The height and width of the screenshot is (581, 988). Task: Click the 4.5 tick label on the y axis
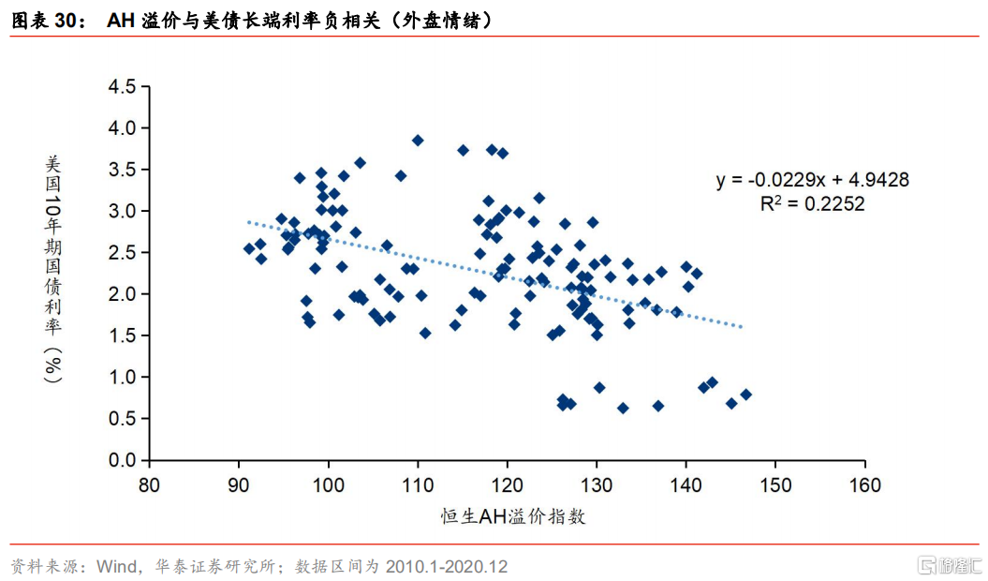tap(123, 86)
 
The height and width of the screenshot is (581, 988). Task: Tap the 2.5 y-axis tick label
tap(123, 252)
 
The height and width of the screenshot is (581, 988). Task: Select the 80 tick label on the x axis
tap(149, 485)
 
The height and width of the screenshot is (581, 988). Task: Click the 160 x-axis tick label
tap(864, 485)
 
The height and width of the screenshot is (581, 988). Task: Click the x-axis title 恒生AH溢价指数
tap(513, 516)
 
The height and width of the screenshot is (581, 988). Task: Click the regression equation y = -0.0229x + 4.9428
tap(812, 180)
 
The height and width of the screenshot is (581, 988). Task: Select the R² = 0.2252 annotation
tap(812, 203)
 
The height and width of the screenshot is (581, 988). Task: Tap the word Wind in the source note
tap(116, 566)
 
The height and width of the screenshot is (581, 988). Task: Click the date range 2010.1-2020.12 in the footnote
tap(446, 566)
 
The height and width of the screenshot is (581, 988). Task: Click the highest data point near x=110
tap(417, 141)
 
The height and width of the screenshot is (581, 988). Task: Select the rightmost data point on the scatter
tap(746, 395)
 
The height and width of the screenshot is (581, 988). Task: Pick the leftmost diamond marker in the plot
tap(249, 248)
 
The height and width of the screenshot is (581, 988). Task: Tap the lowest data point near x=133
tap(623, 409)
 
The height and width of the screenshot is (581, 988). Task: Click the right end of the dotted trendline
tap(743, 327)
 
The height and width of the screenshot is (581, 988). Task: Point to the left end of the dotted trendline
tap(248, 221)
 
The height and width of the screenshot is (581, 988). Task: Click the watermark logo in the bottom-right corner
tap(949, 564)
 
